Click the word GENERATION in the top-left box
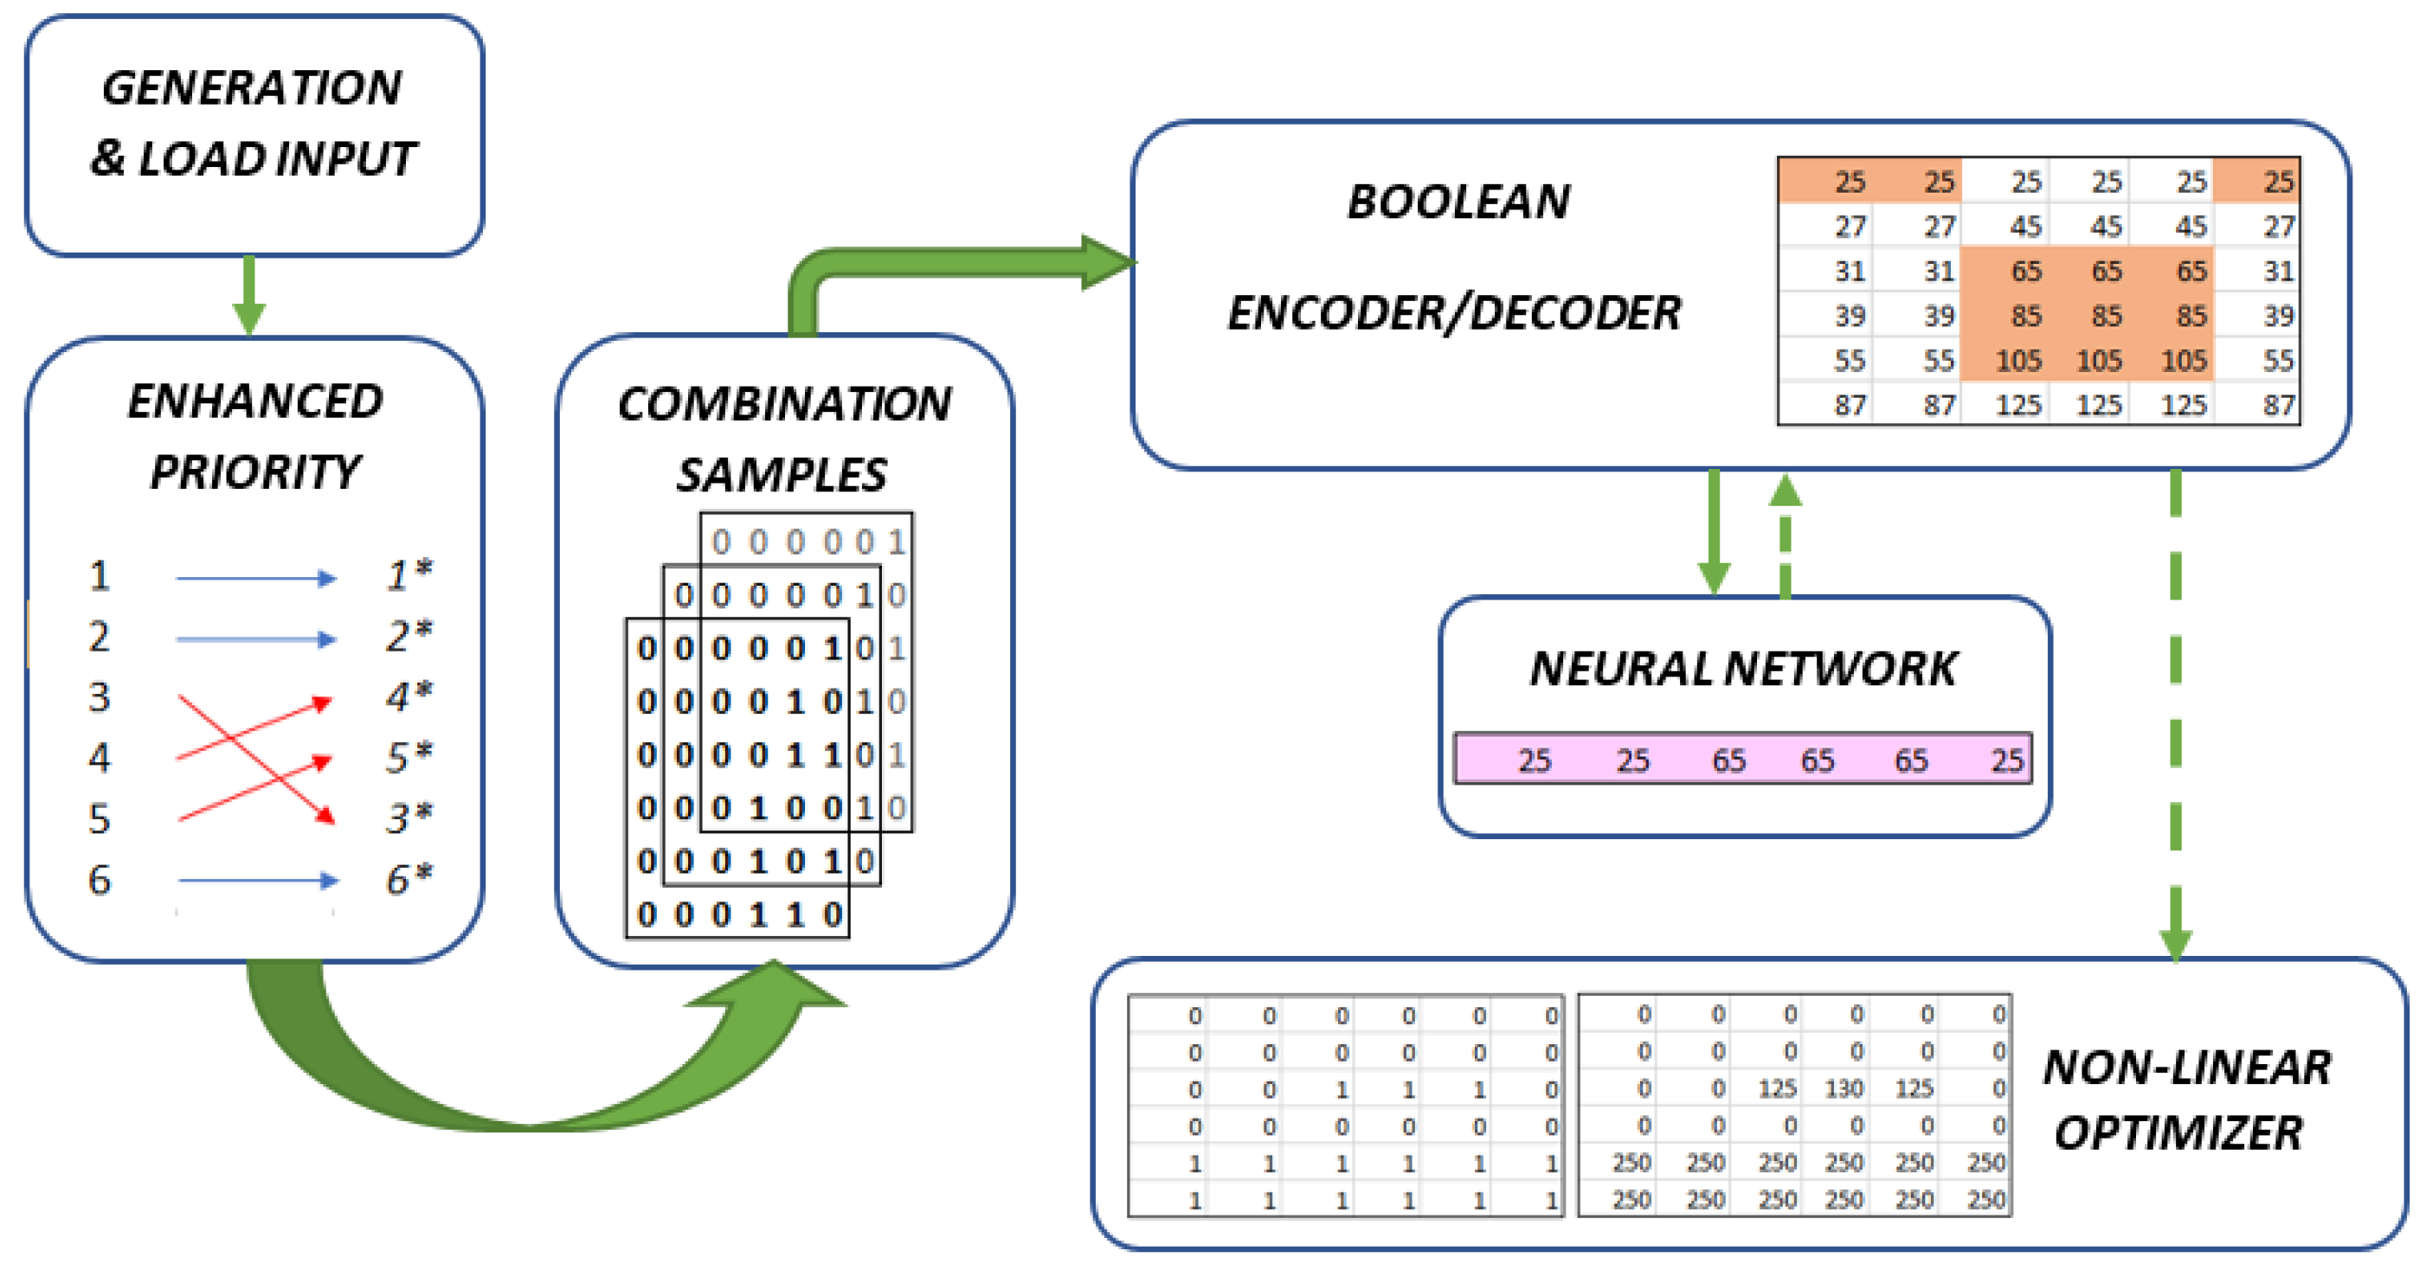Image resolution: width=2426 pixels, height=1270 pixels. click(x=252, y=88)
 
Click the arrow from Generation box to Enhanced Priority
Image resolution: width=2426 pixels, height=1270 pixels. click(x=248, y=296)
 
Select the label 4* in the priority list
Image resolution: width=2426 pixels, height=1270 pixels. click(x=409, y=697)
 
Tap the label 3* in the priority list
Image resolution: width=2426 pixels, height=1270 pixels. click(x=409, y=818)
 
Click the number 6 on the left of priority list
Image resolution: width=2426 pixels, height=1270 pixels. click(x=100, y=879)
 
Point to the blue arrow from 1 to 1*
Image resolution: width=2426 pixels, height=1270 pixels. click(x=255, y=578)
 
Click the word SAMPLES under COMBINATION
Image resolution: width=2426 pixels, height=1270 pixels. click(x=782, y=474)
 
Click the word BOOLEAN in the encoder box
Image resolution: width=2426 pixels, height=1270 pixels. click(x=1458, y=202)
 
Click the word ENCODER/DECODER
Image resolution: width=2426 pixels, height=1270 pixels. click(x=1454, y=312)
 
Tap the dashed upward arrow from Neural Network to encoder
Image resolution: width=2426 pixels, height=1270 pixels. click(x=1786, y=536)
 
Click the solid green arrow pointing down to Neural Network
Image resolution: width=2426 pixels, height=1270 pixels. click(x=1713, y=536)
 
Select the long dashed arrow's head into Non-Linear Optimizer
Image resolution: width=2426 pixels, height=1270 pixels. click(x=2176, y=941)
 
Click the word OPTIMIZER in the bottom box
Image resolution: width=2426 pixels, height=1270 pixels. click(x=2178, y=1132)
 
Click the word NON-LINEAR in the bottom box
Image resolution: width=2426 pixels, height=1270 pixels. click(x=2187, y=1068)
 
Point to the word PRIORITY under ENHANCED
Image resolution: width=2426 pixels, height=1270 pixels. click(x=254, y=471)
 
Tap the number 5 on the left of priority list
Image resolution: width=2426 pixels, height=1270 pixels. click(x=100, y=819)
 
